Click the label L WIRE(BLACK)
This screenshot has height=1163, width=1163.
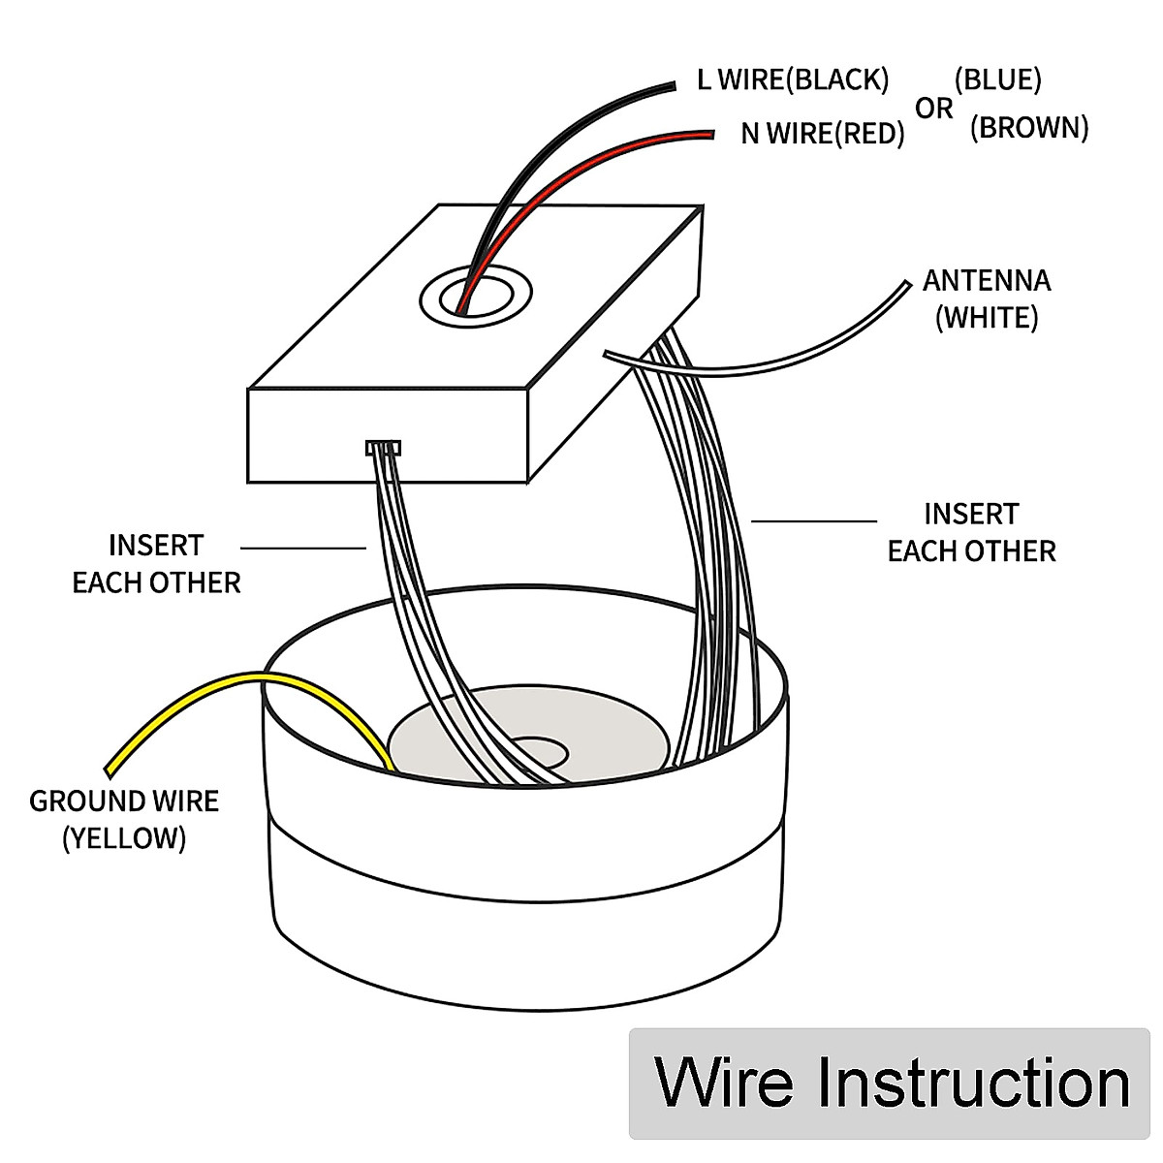[x=792, y=79]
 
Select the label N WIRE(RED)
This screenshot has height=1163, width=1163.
[x=822, y=134]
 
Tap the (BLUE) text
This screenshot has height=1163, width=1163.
[x=997, y=79]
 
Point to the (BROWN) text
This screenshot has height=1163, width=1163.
[x=1029, y=128]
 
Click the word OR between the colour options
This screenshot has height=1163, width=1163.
[x=933, y=110]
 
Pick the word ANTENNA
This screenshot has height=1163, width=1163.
[x=986, y=281]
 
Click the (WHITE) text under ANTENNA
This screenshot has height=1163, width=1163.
[x=986, y=318]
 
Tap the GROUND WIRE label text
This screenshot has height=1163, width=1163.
[x=124, y=802]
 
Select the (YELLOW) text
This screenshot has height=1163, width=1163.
[x=124, y=838]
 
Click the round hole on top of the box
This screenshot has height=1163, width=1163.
[x=476, y=294]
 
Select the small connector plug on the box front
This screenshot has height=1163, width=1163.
[x=383, y=448]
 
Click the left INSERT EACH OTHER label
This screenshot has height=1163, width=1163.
[x=156, y=564]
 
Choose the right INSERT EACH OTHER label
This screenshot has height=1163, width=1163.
[x=971, y=533]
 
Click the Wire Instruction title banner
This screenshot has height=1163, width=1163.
[x=890, y=1083]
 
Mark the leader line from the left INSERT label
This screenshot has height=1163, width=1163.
[x=302, y=549]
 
